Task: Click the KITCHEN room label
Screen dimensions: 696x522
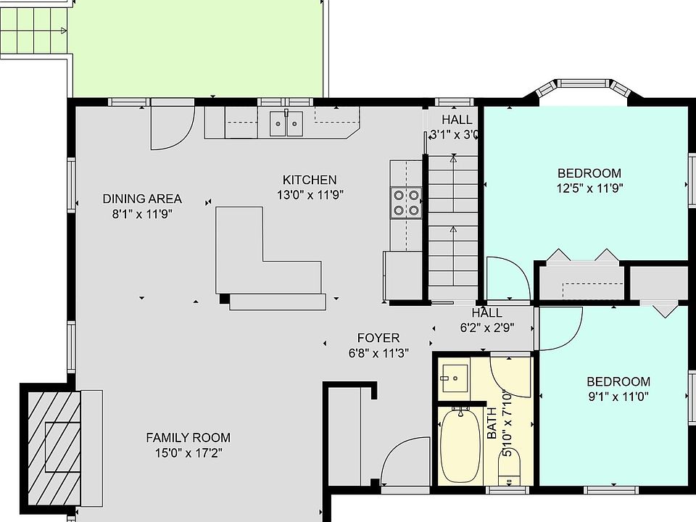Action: [x=310, y=180]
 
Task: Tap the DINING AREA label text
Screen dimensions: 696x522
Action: [x=142, y=199]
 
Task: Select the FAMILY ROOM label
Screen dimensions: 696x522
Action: [x=188, y=438]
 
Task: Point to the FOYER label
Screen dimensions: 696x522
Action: [x=378, y=339]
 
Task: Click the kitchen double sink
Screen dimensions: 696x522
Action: [x=286, y=123]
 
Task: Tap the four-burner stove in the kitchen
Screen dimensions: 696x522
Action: [x=406, y=203]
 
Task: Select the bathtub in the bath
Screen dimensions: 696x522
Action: [x=460, y=445]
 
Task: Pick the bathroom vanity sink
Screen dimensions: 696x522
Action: [x=454, y=378]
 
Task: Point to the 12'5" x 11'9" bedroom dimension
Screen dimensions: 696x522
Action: [x=589, y=188]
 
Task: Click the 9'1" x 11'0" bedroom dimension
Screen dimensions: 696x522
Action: [x=618, y=397]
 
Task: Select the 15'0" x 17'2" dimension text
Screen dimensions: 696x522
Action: [x=188, y=453]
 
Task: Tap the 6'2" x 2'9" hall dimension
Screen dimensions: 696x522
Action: [x=487, y=328]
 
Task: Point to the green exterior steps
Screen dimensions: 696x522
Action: [x=33, y=30]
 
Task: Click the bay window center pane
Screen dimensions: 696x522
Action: [x=582, y=83]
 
